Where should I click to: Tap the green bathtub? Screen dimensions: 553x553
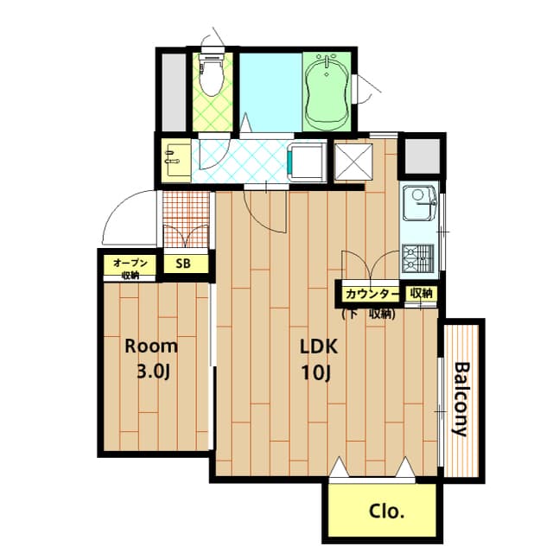click(x=327, y=92)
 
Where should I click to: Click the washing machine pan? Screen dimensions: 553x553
click(x=307, y=162)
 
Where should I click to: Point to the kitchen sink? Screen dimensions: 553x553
click(x=419, y=203)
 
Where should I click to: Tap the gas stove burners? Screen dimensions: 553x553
click(x=418, y=258)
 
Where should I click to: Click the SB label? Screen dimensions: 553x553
click(x=183, y=264)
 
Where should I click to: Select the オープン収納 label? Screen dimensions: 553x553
click(x=130, y=269)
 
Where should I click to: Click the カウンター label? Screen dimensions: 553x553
click(x=372, y=294)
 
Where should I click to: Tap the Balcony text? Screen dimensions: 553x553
click(x=461, y=399)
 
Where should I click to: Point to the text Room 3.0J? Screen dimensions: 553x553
click(x=151, y=359)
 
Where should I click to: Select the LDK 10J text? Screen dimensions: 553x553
click(x=319, y=359)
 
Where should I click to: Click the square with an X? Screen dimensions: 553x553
click(x=353, y=162)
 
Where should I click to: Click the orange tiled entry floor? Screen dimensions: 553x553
click(x=187, y=219)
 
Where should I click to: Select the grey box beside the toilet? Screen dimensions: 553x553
click(x=174, y=92)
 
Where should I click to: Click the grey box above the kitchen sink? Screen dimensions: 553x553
click(x=423, y=156)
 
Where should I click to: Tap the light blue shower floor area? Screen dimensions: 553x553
click(x=270, y=92)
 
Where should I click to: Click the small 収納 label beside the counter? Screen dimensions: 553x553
click(x=421, y=293)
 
